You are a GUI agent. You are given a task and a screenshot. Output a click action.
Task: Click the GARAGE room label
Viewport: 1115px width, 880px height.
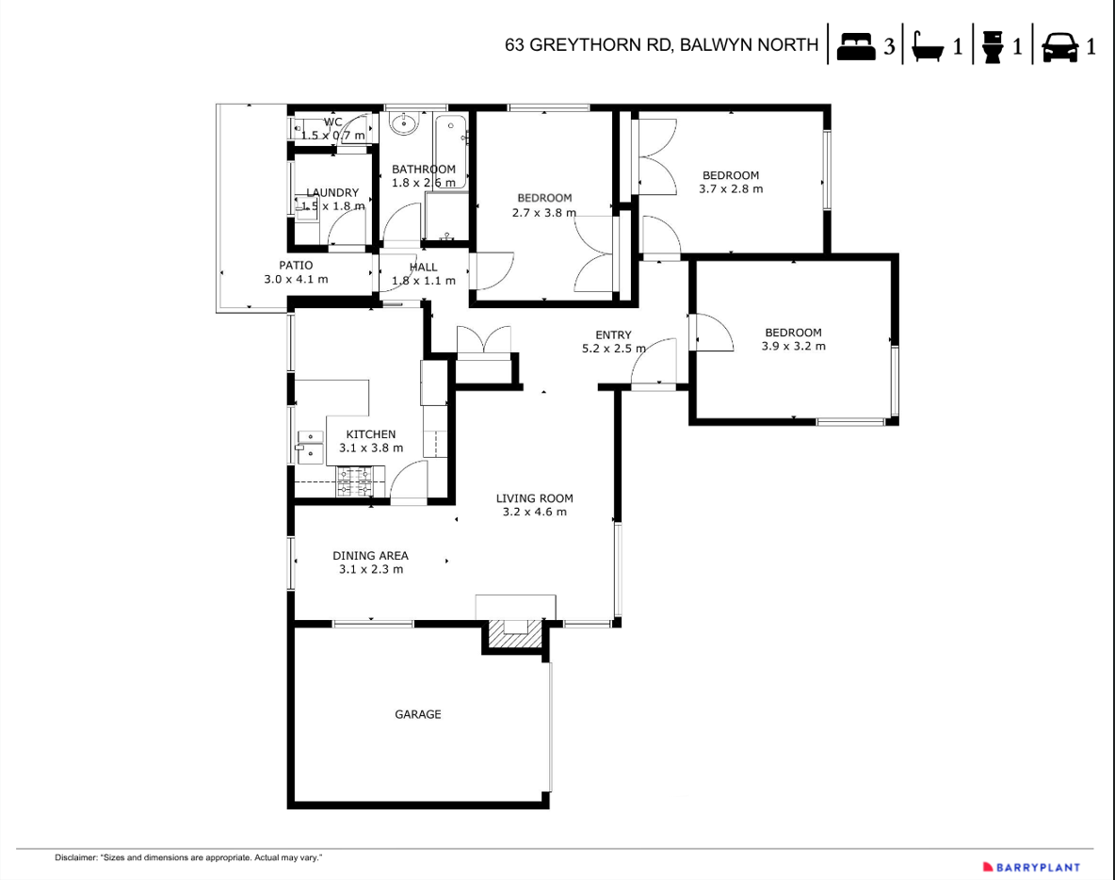coord(417,714)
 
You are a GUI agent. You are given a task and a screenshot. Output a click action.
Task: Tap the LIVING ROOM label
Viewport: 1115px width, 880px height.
coord(534,498)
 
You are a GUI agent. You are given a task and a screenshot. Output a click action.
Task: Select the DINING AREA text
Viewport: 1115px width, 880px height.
coord(370,556)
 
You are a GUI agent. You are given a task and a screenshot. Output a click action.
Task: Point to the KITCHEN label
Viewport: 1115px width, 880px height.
coord(371,434)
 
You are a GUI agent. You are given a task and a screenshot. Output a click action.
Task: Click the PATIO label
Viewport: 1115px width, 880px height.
coord(296,266)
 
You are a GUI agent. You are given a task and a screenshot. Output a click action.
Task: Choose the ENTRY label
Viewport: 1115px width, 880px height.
coord(613,334)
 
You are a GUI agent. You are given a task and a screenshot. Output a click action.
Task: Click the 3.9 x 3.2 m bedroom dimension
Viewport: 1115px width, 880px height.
coord(793,346)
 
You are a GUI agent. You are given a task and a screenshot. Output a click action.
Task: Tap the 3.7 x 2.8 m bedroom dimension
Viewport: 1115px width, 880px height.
coord(731,188)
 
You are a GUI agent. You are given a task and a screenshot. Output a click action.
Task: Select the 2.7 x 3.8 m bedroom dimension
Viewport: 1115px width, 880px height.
coord(544,213)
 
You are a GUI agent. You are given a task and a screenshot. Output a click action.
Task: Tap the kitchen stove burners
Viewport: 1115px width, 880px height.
coord(355,481)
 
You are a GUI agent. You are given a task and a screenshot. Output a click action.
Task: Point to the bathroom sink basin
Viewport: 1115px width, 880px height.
coord(404,123)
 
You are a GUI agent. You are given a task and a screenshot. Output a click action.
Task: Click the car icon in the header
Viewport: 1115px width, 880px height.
coord(1060,46)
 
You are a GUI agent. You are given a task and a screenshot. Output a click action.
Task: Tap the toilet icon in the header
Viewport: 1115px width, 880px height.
coord(993,46)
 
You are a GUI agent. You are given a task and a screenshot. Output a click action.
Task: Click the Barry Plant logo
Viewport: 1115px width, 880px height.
coord(1031,867)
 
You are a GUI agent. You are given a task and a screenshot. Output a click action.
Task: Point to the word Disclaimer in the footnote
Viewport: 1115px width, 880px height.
coord(76,858)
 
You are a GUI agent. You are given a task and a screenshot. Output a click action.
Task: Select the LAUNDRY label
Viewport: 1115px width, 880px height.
coord(332,192)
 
